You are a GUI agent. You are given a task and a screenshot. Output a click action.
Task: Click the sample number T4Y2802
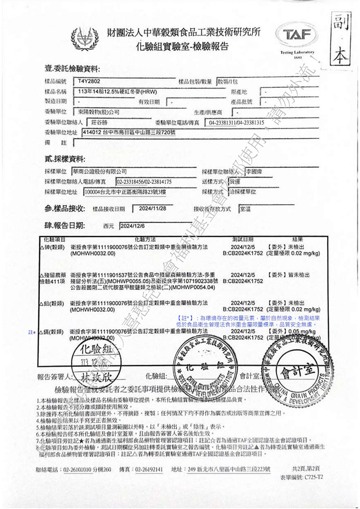pyautogui.click(x=88, y=81)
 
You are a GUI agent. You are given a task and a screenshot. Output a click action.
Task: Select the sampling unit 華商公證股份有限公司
pyautogui.click(x=99, y=171)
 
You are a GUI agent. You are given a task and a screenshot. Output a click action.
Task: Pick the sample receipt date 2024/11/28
pyautogui.click(x=153, y=209)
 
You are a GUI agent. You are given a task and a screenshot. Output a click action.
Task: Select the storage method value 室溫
pyautogui.click(x=246, y=209)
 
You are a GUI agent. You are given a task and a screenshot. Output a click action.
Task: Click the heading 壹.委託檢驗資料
pyautogui.click(x=72, y=69)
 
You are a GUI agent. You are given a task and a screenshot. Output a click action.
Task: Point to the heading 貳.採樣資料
pyautogui.click(x=64, y=159)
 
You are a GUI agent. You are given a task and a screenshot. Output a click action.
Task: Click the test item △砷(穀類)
pyautogui.click(x=52, y=247)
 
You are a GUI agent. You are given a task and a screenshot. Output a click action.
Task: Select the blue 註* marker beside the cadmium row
pyautogui.click(x=32, y=332)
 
